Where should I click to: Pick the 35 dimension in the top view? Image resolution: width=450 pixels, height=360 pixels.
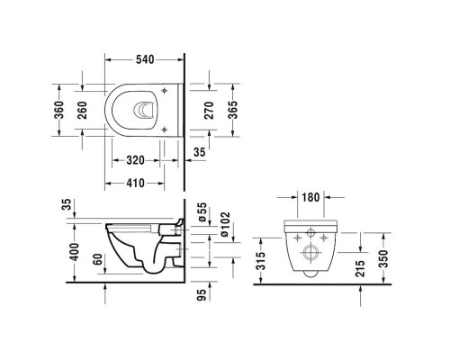coord(200,154)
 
